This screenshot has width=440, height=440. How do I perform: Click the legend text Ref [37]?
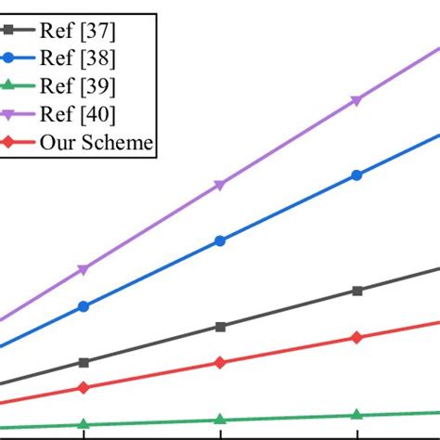click(78, 31)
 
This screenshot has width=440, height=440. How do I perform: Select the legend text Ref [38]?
click(78, 58)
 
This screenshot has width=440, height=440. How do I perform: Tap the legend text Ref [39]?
click(78, 86)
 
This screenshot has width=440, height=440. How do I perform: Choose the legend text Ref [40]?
click(78, 114)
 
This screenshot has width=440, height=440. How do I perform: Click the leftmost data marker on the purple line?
click(84, 269)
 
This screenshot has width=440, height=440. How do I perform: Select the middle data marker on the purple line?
click(220, 185)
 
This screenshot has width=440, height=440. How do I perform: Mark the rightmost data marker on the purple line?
click(356, 100)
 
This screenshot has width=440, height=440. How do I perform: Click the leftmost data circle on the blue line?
click(84, 305)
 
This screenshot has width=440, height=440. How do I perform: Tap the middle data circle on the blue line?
click(220, 240)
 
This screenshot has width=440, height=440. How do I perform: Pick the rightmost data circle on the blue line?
click(356, 175)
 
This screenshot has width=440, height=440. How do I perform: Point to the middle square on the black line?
click(220, 327)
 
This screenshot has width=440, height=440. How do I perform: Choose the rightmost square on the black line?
click(356, 291)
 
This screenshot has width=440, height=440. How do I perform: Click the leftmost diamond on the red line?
click(84, 387)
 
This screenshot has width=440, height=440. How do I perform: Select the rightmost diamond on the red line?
click(356, 338)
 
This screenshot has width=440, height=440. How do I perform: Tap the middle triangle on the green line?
click(220, 420)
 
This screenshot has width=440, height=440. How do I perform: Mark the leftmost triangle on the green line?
click(84, 424)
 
